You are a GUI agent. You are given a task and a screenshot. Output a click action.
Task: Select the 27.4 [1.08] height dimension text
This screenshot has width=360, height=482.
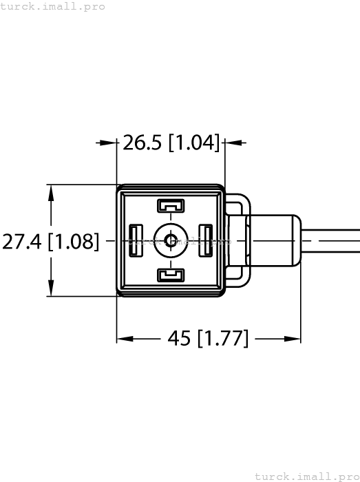(51, 241)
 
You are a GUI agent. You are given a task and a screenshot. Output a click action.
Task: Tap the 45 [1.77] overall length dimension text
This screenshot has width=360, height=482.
(208, 338)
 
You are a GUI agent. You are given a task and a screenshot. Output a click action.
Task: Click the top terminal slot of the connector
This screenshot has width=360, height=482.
(171, 205)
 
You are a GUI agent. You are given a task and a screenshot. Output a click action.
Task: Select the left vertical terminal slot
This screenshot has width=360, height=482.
(136, 241)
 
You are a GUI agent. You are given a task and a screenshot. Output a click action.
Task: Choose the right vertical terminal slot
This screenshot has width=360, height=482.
(206, 241)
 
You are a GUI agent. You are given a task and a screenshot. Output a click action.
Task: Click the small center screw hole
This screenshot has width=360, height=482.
(171, 241)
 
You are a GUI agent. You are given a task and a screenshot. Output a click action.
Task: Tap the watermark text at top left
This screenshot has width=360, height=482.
(53, 6)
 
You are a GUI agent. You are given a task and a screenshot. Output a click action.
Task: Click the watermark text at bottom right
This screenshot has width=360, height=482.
(306, 476)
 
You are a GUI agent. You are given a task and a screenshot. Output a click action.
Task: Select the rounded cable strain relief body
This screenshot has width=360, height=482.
(274, 241)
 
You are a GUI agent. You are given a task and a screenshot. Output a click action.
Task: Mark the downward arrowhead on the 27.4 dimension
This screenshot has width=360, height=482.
(50, 289)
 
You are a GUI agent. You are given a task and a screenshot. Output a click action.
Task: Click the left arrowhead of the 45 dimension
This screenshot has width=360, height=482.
(125, 339)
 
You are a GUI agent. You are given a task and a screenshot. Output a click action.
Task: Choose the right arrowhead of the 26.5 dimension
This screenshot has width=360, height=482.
(233, 143)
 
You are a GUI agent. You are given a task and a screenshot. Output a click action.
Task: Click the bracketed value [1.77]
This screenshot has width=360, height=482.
(222, 338)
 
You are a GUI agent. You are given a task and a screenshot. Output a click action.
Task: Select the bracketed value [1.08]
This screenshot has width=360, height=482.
(74, 241)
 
